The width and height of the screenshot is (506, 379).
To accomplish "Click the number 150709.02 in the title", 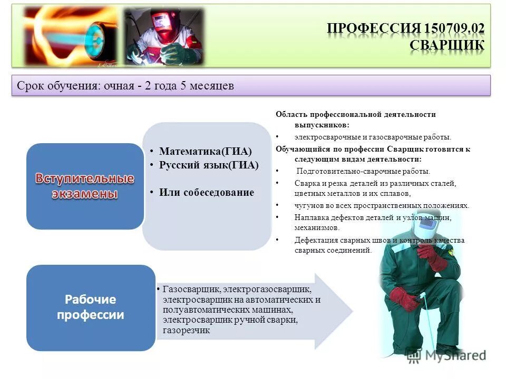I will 453,28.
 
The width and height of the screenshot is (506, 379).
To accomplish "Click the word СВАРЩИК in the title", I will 447,45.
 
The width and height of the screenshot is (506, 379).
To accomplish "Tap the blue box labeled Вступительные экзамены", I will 85,186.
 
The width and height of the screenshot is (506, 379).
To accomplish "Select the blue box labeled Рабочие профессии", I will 91,307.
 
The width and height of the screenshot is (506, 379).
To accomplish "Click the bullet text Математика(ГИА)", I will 206,151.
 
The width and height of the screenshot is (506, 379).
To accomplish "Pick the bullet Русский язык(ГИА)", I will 209,165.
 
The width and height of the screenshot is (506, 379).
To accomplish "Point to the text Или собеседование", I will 206,192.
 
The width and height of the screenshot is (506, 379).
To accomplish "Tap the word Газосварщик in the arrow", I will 192,290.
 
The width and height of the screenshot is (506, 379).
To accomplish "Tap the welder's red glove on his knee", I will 403,298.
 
